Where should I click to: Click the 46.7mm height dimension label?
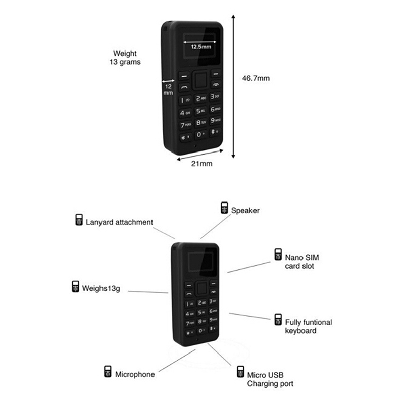tap(256, 78)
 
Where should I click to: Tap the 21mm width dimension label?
tap(201, 164)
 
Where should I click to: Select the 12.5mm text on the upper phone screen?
tap(201, 47)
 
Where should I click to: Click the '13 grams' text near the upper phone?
tap(125, 62)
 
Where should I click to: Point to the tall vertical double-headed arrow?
tap(233, 86)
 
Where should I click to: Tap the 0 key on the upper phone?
tap(200, 134)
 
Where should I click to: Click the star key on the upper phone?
tap(185, 137)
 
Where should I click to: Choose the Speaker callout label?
tap(245, 210)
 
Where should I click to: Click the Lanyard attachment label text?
tap(119, 222)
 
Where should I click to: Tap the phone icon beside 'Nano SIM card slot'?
tap(278, 255)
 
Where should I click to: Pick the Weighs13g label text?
tap(101, 288)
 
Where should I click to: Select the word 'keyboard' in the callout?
tap(300, 331)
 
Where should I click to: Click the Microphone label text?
tap(135, 374)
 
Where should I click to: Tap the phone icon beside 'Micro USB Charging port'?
tap(240, 372)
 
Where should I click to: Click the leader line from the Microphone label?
tap(177, 361)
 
